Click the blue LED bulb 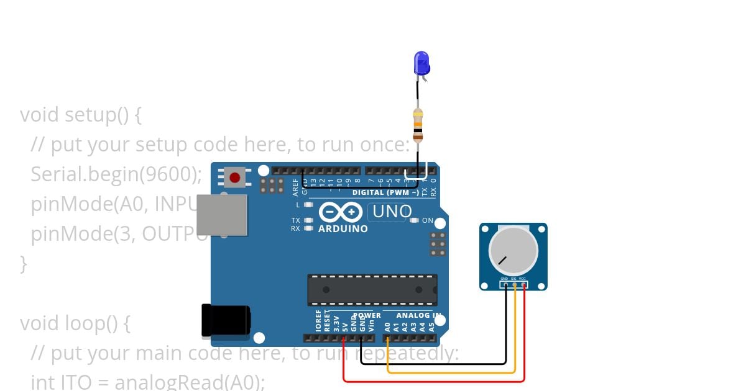click(x=421, y=63)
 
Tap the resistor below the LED click(x=418, y=124)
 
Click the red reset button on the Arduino click(x=234, y=178)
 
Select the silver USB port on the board click(x=222, y=215)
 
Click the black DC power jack click(x=226, y=321)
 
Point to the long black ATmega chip click(x=372, y=290)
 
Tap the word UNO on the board click(x=392, y=212)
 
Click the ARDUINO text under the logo click(x=343, y=229)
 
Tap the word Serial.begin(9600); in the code click(x=116, y=174)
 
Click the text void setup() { click(x=81, y=115)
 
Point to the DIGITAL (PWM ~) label click(x=385, y=192)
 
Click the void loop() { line click(x=75, y=323)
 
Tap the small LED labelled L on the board click(x=308, y=205)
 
